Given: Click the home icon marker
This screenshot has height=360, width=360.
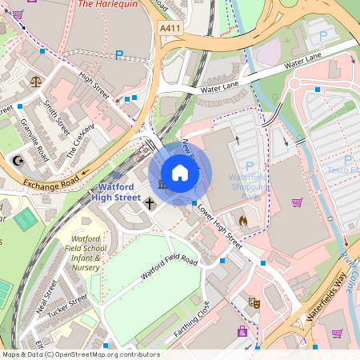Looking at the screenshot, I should pos(180,173).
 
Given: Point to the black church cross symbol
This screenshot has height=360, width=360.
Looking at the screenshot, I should pos(150,204).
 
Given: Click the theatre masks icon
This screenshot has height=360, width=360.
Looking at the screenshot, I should pos(254,302).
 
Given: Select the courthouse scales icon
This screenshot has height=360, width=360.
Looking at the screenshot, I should pos(36,81).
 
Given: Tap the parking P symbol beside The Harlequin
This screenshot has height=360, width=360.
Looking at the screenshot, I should pos(119,55).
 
